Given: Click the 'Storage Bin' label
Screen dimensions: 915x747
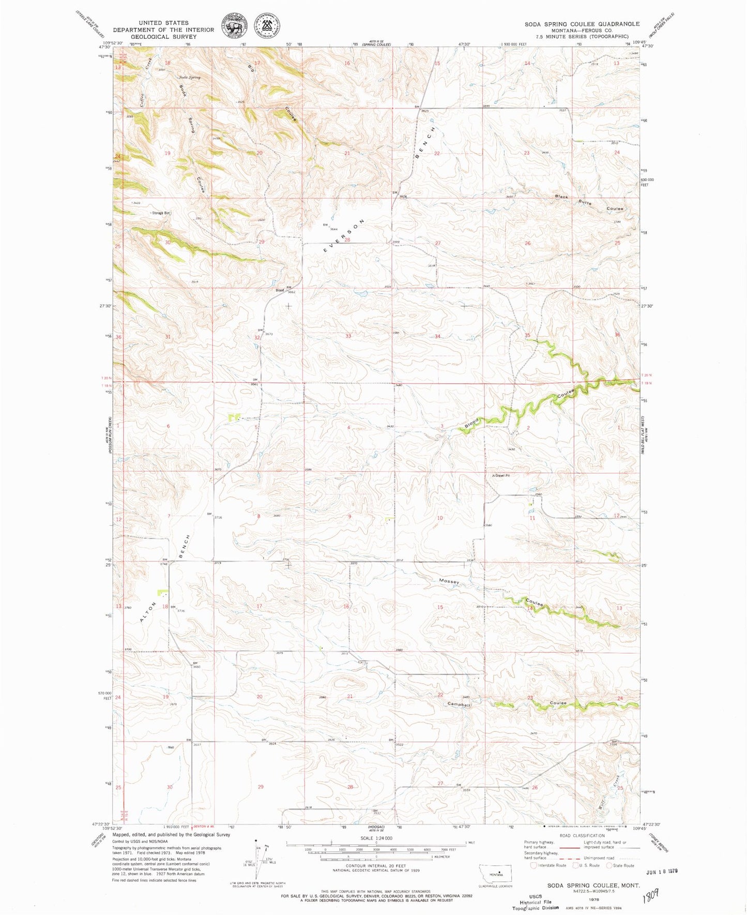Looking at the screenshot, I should [x=161, y=213].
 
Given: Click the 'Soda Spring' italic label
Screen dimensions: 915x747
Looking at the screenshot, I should [x=189, y=78].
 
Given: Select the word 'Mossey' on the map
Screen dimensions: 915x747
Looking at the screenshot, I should [x=449, y=581].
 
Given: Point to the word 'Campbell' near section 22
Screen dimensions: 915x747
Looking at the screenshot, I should [x=459, y=704].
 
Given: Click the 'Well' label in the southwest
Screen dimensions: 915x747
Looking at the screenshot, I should [x=170, y=747].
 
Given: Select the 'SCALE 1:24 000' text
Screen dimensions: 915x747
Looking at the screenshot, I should [x=376, y=838].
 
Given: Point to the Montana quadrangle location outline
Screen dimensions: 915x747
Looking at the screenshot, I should [x=495, y=873].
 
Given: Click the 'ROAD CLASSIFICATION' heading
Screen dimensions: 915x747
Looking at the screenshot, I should [x=582, y=836].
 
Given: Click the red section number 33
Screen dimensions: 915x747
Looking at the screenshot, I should [x=348, y=336].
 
